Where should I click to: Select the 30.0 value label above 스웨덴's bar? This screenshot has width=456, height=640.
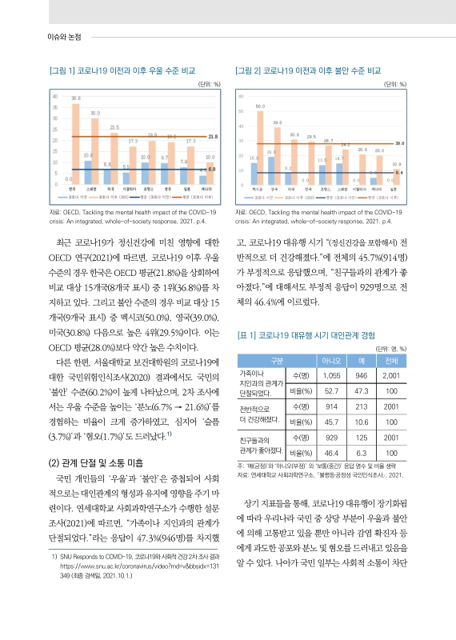95,114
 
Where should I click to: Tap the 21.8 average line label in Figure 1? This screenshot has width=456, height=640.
212,137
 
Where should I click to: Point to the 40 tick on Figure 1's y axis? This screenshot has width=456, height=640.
54,97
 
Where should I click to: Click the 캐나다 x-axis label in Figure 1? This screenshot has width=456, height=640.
210,189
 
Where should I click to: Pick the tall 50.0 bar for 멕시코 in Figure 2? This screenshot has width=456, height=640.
259,147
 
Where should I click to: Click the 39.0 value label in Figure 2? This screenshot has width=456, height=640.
277,121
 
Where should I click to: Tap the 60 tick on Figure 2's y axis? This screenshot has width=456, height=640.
239,97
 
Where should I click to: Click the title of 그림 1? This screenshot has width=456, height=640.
122,70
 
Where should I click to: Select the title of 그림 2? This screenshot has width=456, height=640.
308,70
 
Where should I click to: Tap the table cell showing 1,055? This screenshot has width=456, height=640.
330,375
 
